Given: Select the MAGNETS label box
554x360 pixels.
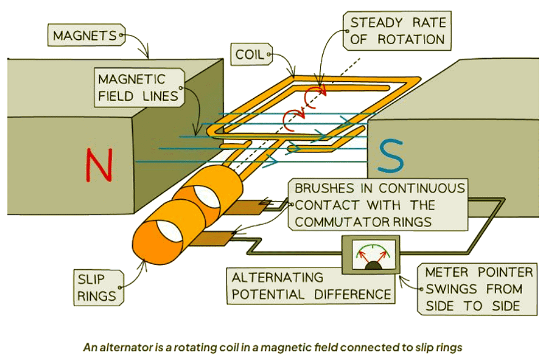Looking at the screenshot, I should pos(85,36).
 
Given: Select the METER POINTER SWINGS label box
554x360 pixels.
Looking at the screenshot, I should pos(478,289).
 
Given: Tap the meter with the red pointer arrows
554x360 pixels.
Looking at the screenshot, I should pos(372,255).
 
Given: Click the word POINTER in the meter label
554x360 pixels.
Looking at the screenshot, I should pos(501,273).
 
